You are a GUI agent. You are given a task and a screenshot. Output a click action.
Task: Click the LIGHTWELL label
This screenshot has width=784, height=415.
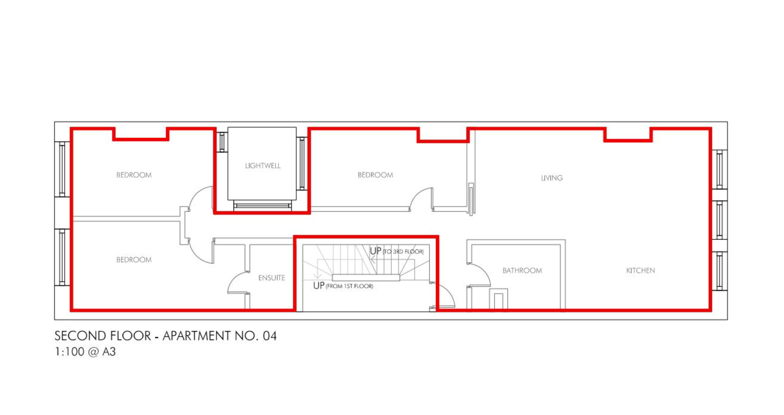click(263, 166)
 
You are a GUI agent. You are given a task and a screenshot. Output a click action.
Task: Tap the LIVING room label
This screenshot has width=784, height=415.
click(552, 178)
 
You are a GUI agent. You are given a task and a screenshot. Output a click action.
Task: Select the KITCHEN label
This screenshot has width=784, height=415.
click(640, 270)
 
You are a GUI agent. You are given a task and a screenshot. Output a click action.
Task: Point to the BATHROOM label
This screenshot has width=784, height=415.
click(522, 270)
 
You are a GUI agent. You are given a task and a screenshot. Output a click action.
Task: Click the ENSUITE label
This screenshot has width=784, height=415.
click(271, 278)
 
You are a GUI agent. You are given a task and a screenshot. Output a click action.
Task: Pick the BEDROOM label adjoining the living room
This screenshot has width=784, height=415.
click(375, 175)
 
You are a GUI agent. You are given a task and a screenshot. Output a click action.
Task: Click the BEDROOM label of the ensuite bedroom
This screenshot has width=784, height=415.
click(134, 260)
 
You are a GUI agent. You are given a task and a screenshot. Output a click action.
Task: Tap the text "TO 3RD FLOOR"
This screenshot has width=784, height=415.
click(403, 252)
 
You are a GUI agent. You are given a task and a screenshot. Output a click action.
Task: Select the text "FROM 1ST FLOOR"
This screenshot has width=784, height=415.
click(349, 286)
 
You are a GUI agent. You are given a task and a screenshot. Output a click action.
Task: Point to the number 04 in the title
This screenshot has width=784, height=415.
click(270, 336)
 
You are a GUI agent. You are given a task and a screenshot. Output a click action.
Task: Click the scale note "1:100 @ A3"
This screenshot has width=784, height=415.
click(85, 352)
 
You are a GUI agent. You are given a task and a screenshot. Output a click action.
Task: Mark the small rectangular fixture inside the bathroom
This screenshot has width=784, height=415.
click(499, 299)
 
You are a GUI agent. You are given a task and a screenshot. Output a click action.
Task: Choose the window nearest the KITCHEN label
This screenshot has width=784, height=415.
click(719, 271)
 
